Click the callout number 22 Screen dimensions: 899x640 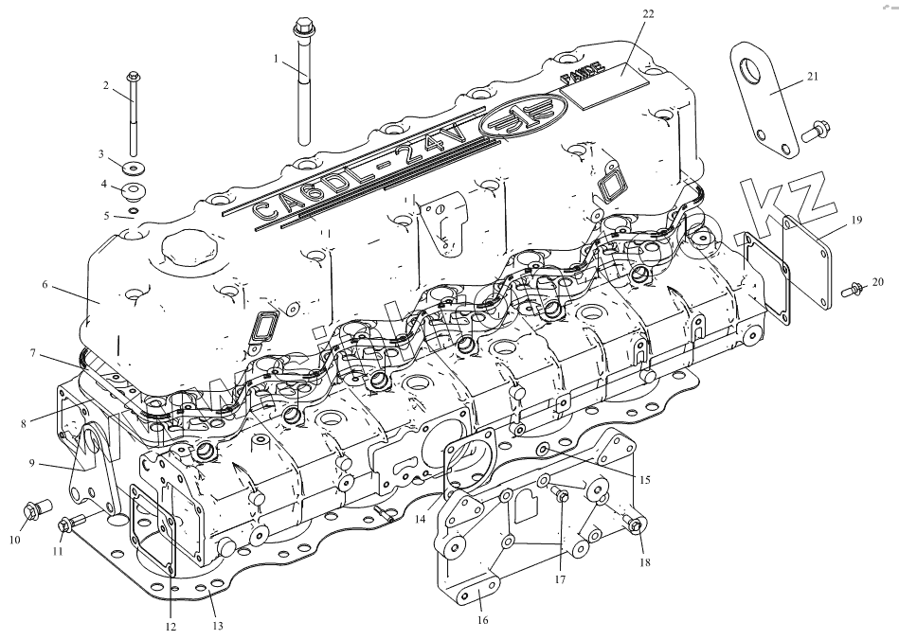coord(648,13)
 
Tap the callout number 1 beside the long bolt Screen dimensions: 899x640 coord(276,59)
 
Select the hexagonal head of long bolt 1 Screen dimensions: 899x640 coord(304,25)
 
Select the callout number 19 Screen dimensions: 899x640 coord(855,220)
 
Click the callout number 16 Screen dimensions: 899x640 coord(481,620)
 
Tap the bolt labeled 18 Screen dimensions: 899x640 coord(635,526)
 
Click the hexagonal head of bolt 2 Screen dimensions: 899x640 coord(132,76)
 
